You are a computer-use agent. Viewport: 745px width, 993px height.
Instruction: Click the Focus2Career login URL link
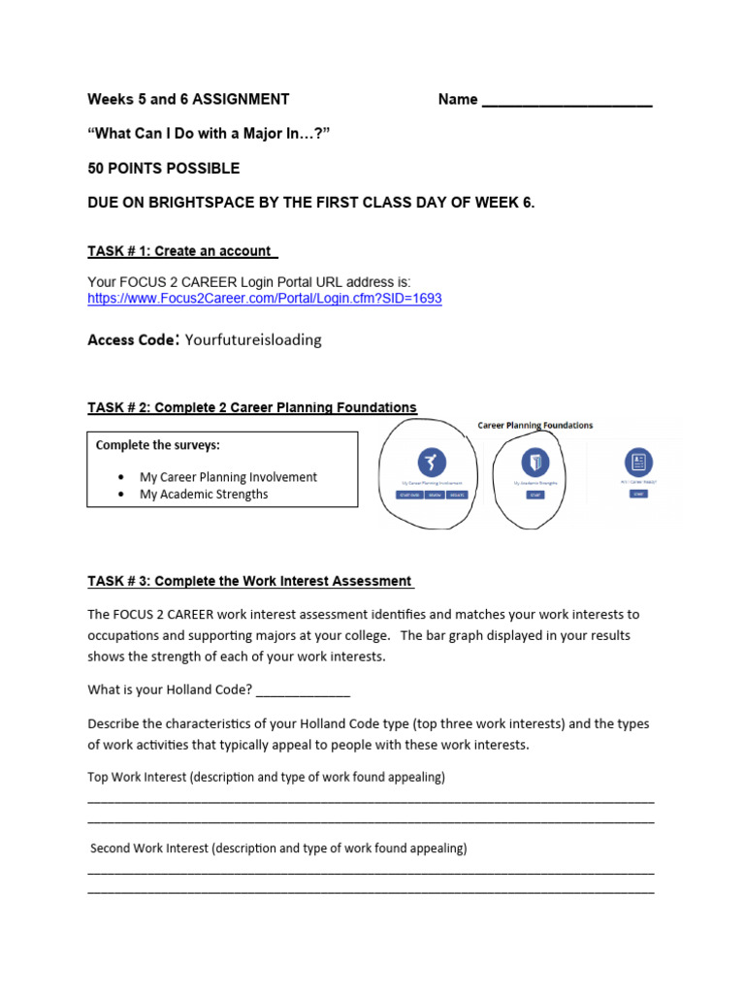coord(264,299)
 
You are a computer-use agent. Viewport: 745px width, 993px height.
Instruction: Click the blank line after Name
coord(567,100)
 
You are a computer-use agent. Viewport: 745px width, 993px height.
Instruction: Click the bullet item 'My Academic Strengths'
coord(204,494)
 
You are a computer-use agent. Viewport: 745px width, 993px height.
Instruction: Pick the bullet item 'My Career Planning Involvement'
coord(228,477)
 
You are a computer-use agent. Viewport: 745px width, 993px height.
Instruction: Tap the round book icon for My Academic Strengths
coord(534,462)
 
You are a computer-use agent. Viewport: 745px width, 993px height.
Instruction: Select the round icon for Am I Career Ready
coord(637,462)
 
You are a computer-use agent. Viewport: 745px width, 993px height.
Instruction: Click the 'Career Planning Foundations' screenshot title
coord(534,425)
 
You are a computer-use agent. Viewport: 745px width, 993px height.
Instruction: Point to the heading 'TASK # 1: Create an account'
coord(180,251)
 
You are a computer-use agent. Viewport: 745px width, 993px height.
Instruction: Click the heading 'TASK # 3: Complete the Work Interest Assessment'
coord(249,582)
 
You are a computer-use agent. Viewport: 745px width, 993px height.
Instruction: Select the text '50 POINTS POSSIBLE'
coord(163,168)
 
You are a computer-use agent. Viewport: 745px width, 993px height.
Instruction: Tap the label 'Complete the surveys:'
coord(157,445)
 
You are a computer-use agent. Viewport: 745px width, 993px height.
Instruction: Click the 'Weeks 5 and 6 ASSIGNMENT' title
coord(188,99)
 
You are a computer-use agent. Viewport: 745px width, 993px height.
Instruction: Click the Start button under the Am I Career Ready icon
coord(637,494)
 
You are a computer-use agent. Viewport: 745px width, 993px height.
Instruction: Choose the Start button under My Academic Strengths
coord(534,495)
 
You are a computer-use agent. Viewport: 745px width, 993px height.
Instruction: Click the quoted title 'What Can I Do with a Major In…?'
coord(210,133)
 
